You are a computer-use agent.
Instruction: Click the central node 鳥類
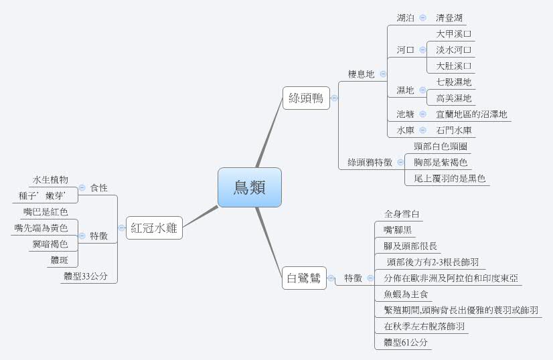pyautogui.click(x=249, y=187)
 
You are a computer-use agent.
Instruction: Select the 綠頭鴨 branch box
pyautogui.click(x=305, y=98)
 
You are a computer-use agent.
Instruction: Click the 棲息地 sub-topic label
pyautogui.click(x=361, y=74)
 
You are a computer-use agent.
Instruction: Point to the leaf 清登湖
pyautogui.click(x=449, y=17)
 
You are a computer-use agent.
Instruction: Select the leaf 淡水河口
pyautogui.click(x=454, y=50)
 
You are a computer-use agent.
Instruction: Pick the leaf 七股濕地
pyautogui.click(x=453, y=82)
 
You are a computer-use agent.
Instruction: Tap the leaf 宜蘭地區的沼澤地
pyautogui.click(x=471, y=114)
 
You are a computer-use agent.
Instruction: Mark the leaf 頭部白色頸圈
pyautogui.click(x=440, y=146)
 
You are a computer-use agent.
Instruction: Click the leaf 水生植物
pyautogui.click(x=50, y=180)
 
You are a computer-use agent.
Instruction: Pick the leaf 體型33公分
pyautogui.click(x=85, y=276)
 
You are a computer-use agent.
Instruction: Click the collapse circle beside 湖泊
pyautogui.click(x=422, y=17)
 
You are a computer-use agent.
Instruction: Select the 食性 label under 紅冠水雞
pyautogui.click(x=98, y=188)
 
